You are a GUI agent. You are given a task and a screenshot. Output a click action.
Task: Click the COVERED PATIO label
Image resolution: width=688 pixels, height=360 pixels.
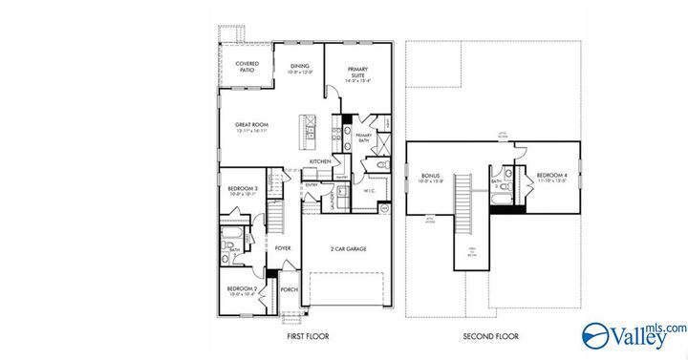coord(247,66)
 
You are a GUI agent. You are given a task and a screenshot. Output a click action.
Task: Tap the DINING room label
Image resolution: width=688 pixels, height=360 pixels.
coord(300,68)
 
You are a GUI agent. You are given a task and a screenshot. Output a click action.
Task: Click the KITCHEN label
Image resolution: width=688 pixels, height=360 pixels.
coord(320,161)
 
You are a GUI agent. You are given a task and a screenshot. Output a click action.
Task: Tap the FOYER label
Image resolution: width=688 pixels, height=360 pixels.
coord(283,248)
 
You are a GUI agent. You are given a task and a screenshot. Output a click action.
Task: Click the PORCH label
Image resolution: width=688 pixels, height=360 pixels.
coord(289,290)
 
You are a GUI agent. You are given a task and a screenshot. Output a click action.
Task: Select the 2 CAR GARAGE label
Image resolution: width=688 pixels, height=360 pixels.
coord(348,248)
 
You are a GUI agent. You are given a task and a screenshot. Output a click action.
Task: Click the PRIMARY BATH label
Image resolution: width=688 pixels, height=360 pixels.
coord(363,138)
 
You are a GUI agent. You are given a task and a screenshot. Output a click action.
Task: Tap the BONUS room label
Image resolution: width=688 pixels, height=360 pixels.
coord(429,177)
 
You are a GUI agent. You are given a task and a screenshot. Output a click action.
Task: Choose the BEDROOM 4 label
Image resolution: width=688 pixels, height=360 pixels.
coord(551,177)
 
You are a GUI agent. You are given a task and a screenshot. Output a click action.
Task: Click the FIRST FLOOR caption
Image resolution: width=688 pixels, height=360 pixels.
coord(309,337)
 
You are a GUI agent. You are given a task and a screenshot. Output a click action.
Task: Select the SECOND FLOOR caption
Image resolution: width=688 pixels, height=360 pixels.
coord(490,337)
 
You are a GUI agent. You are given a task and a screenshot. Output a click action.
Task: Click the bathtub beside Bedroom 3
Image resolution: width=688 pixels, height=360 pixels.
coord(229,233)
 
